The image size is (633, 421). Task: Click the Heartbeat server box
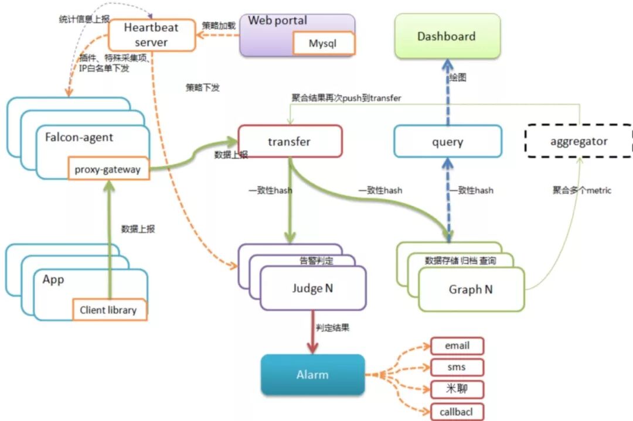coord(151,35)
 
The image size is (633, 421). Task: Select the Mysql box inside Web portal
coord(323,43)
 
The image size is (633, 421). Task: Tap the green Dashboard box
coord(447,36)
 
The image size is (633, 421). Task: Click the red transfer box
coord(290,141)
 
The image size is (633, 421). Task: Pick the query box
coord(447,142)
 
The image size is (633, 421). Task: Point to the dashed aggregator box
coord(578,141)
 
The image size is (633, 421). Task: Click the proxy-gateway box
coord(107,170)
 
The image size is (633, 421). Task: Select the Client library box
coord(108,310)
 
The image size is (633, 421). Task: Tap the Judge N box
coord(313,288)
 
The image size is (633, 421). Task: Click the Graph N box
coord(471,289)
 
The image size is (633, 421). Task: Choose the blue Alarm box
coord(312,374)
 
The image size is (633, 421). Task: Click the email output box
coord(457,345)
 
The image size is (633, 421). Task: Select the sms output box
coord(457,367)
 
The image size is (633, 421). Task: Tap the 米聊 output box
coord(457,389)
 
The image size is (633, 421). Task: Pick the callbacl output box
coord(457,412)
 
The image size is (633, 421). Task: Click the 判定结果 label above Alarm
coord(332,327)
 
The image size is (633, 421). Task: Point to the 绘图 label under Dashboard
coord(458,77)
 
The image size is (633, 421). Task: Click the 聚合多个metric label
coord(581,190)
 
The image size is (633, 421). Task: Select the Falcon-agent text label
coord(79,138)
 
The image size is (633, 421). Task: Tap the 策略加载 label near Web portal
coord(219,25)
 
